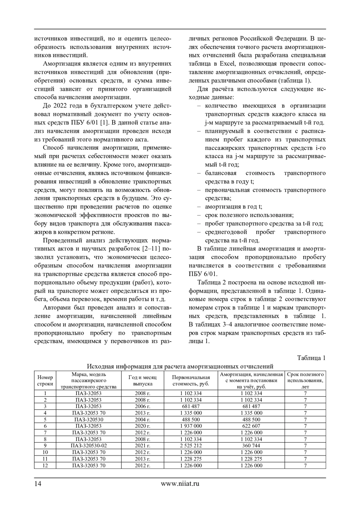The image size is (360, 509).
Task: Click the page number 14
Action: click(37, 483)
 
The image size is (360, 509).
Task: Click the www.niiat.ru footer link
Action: click(180, 483)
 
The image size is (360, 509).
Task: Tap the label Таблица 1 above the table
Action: click(311, 358)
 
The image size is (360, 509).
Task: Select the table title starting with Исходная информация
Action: click(180, 366)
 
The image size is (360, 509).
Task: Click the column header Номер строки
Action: click(45, 380)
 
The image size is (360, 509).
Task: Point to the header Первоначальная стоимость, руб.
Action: click(191, 380)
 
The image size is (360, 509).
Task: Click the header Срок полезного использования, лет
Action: click(305, 380)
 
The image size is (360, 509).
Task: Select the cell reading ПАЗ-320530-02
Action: click(88, 446)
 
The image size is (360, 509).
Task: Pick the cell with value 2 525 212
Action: click(191, 446)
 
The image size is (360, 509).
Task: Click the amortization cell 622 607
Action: click(251, 426)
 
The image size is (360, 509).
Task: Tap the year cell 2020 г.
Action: click(142, 426)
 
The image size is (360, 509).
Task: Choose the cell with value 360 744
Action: click(251, 446)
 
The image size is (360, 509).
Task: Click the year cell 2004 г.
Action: click(142, 420)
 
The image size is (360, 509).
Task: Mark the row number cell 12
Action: click(45, 466)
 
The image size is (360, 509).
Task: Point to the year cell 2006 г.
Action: click(142, 406)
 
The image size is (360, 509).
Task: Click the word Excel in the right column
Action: click(229, 64)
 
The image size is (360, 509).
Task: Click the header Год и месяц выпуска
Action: click(142, 380)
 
